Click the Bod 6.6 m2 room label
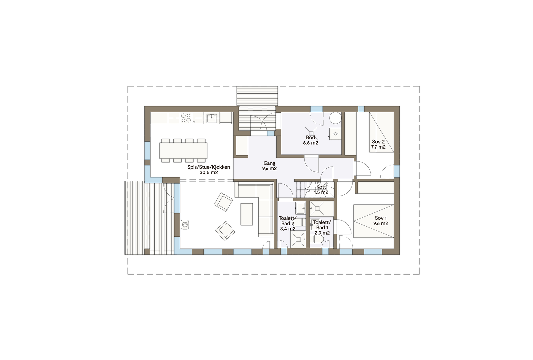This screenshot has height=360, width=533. [310, 140]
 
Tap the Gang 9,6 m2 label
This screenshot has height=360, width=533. [269, 166]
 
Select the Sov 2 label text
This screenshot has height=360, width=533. [378, 144]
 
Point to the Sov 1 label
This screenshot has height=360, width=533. [381, 221]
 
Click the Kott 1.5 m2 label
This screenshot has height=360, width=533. [321, 190]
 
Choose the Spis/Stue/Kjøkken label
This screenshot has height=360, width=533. [209, 170]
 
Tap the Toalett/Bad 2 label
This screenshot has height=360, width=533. [287, 223]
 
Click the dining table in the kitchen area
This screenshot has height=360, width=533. [183, 150]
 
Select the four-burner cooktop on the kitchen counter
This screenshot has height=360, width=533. [186, 118]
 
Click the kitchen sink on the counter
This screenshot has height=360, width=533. [211, 118]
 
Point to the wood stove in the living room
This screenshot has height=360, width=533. [185, 224]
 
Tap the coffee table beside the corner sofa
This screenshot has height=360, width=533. [247, 214]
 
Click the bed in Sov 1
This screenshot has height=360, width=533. [373, 221]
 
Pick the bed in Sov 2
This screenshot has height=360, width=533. [381, 132]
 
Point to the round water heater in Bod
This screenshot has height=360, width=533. [336, 118]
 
